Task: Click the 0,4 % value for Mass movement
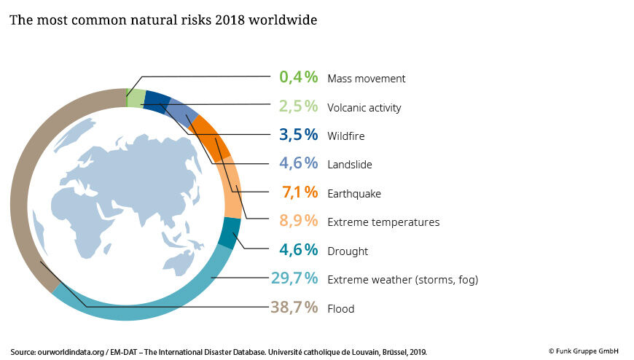298,77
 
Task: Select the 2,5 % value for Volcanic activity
298,106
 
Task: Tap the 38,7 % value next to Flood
294,308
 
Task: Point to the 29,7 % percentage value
294,278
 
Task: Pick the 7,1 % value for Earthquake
300,192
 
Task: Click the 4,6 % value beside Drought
298,250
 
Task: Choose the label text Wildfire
346,136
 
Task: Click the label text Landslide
350,165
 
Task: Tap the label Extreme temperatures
383,222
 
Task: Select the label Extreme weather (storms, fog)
402,279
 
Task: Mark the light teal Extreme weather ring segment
146,309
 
